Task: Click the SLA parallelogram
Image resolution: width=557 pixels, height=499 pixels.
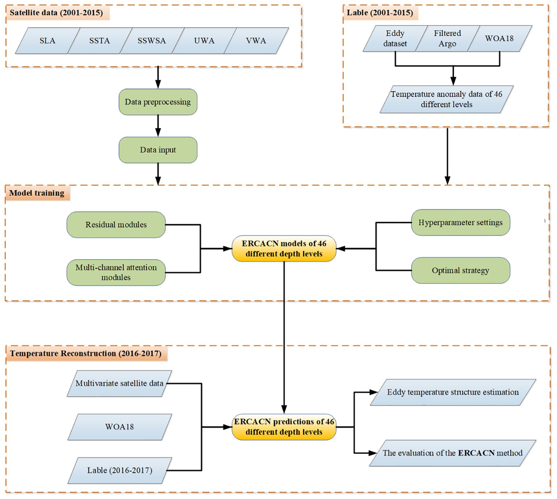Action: pyautogui.click(x=48, y=41)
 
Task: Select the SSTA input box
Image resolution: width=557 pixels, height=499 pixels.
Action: pyautogui.click(x=99, y=41)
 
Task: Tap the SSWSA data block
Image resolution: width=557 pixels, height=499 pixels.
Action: pyautogui.click(x=152, y=41)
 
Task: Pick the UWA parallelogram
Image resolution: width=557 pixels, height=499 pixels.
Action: pyautogui.click(x=204, y=41)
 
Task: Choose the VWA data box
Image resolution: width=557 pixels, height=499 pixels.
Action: pyautogui.click(x=256, y=41)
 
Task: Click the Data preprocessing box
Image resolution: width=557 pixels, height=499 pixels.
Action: pyautogui.click(x=158, y=102)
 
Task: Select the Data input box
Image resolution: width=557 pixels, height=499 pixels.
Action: pyautogui.click(x=158, y=150)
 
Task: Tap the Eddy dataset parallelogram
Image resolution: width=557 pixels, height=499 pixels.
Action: pyautogui.click(x=395, y=38)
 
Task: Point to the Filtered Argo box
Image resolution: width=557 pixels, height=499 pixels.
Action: pyautogui.click(x=447, y=38)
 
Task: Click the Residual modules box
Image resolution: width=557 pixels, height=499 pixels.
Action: pyautogui.click(x=116, y=224)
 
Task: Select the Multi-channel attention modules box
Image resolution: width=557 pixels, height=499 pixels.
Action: pyautogui.click(x=116, y=272)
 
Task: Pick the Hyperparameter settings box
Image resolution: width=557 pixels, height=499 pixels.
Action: pyautogui.click(x=460, y=222)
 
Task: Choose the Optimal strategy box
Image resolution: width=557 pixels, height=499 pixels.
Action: pyautogui.click(x=460, y=270)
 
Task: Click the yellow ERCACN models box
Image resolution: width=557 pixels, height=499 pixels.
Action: pyautogui.click(x=284, y=248)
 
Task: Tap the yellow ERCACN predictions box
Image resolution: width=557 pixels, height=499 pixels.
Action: pyautogui.click(x=284, y=427)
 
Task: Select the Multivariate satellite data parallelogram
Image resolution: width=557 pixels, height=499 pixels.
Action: pyautogui.click(x=120, y=384)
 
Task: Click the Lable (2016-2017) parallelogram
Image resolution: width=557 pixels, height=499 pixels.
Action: pyautogui.click(x=120, y=470)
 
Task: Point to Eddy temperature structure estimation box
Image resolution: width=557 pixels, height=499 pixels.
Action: pyautogui.click(x=453, y=392)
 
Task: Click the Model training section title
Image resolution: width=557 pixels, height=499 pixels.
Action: pyautogui.click(x=37, y=193)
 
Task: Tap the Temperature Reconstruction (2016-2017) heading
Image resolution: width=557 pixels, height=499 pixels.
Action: pyautogui.click(x=86, y=353)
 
